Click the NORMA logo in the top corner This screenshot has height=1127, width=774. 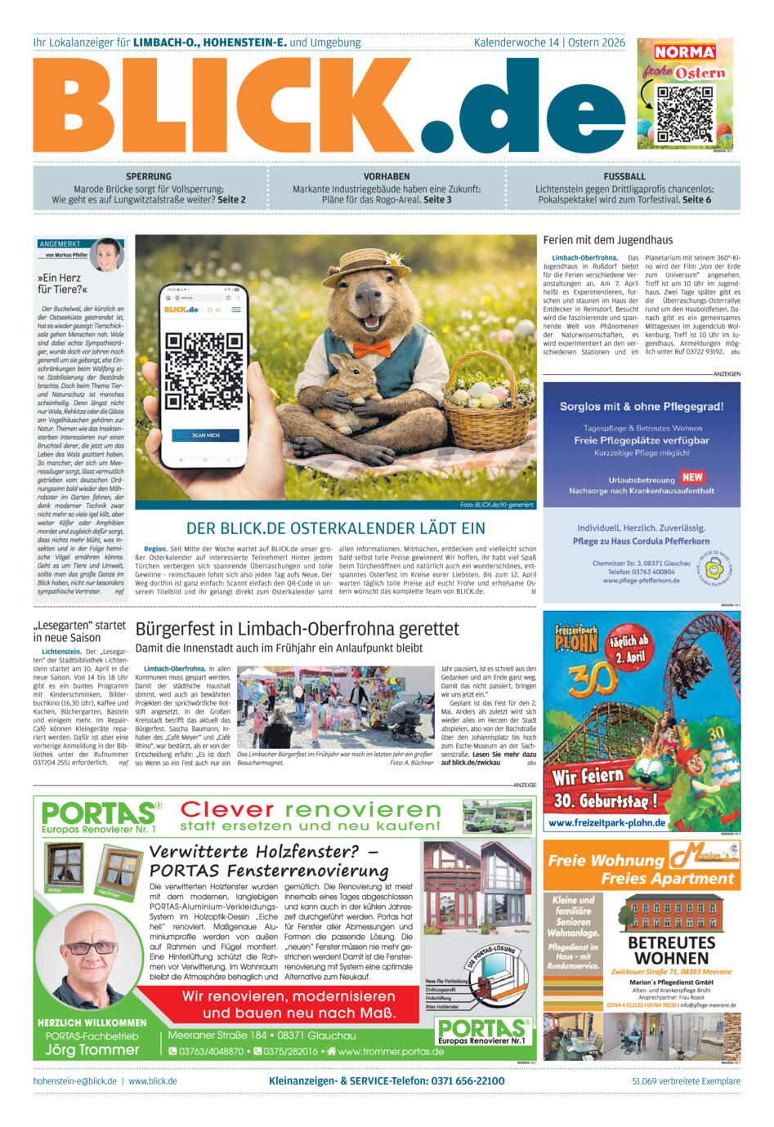[x=684, y=52]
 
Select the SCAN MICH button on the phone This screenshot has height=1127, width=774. [x=205, y=435]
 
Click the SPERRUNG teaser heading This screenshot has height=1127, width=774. [x=149, y=176]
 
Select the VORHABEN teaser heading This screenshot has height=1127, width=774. [x=387, y=176]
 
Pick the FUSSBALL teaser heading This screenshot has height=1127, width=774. [x=624, y=176]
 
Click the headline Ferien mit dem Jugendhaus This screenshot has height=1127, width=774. [x=608, y=240]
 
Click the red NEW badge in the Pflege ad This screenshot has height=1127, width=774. [x=692, y=477]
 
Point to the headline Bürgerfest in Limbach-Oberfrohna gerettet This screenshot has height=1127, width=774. [x=298, y=629]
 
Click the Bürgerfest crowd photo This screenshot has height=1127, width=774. [x=335, y=707]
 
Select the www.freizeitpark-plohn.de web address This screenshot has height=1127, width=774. [x=606, y=822]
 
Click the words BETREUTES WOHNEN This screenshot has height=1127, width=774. [x=672, y=950]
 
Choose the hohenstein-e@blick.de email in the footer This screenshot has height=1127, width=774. [x=74, y=1081]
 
